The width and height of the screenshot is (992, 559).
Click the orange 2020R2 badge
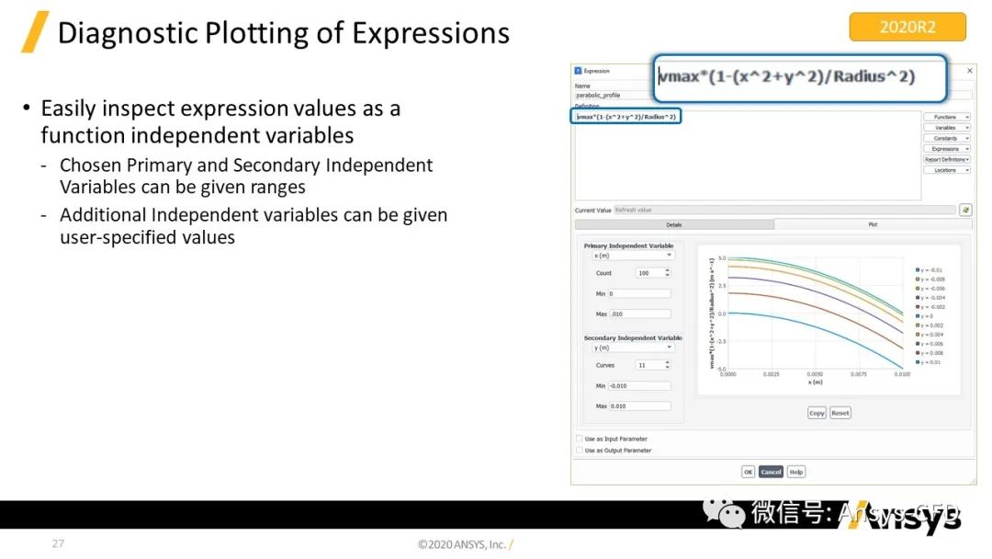907,27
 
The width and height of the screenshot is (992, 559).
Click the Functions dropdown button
947,117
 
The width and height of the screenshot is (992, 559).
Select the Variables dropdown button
947,128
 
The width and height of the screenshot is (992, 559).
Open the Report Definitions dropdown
947,159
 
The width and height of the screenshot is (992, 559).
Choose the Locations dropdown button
947,170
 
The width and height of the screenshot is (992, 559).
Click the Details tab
674,224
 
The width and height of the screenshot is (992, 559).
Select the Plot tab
873,224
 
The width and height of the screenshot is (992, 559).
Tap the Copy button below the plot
817,413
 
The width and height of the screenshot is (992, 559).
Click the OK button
748,472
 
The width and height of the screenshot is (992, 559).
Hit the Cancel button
771,472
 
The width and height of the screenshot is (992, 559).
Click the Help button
795,472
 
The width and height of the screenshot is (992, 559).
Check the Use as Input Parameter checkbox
579,439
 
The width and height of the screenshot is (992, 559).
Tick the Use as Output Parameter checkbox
579,451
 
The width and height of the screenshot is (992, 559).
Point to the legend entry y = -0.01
931,269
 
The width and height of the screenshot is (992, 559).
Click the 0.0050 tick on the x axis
815,375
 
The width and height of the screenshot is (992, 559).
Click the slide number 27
58,543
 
